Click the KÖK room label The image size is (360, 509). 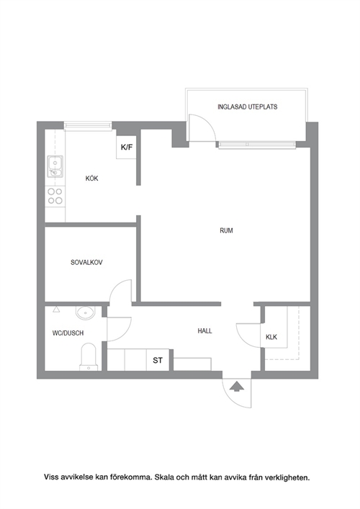point(91,179)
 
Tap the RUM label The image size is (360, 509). point(226,230)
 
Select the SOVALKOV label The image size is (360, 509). point(86,262)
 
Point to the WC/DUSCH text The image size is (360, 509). point(68,333)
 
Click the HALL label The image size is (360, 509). point(204,330)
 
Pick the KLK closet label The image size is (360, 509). point(271,337)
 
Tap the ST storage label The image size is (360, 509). point(158,360)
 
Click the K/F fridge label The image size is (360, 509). point(127,148)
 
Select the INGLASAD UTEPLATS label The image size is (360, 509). point(248,107)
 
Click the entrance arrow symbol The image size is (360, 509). point(237,387)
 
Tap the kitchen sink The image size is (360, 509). point(55,166)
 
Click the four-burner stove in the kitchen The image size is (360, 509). point(55,196)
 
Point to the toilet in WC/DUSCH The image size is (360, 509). point(89,357)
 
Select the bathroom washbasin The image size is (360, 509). point(86,313)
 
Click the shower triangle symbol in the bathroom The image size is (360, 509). point(56,309)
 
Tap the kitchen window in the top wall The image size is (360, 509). point(88,126)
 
